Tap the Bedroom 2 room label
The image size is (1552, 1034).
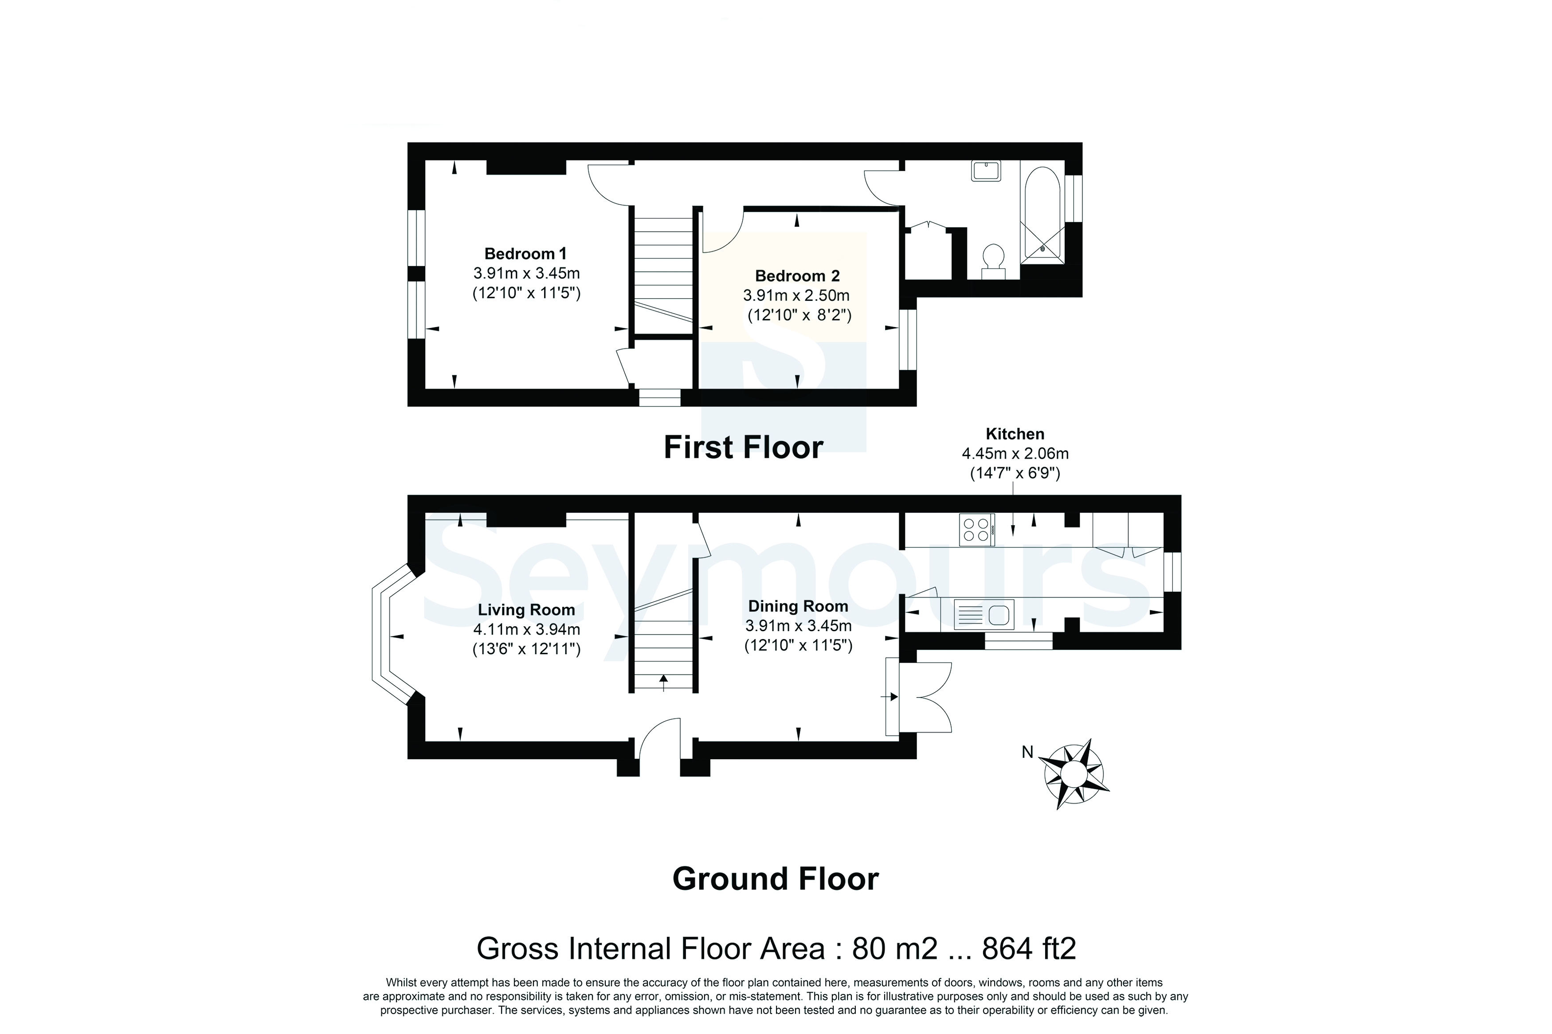[x=797, y=276]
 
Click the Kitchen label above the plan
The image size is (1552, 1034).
[x=1015, y=434]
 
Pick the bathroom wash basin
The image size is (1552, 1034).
[x=986, y=171]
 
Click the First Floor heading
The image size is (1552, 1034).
[x=743, y=448]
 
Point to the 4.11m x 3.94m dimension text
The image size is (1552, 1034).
[x=526, y=630]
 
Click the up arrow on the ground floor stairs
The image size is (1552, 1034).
[x=663, y=682]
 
